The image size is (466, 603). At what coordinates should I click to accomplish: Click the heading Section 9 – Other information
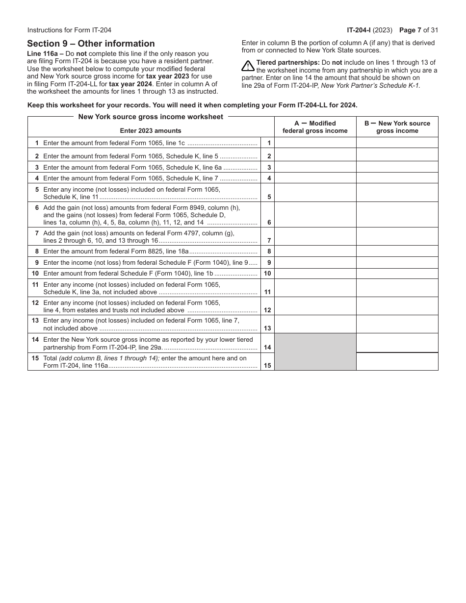[91, 44]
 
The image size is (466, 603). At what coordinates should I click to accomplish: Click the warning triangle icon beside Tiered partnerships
[248, 66]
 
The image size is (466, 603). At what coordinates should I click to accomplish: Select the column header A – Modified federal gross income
[315, 127]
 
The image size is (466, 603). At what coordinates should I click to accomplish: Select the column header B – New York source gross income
[397, 127]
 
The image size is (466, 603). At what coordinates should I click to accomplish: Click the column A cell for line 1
[315, 143]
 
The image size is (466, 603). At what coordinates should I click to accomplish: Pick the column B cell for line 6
[397, 215]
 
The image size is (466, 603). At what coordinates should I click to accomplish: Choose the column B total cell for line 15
[397, 362]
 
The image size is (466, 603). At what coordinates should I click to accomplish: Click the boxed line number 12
[267, 310]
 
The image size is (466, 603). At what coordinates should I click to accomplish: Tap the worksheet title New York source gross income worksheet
[151, 117]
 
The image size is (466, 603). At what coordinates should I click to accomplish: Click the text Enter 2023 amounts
[151, 131]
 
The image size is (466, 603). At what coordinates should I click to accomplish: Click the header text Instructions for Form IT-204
[69, 30]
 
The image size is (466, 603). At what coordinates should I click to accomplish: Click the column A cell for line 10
[315, 274]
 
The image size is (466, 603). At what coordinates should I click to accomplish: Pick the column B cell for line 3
[397, 167]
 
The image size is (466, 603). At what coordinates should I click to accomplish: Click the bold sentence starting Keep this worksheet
[192, 105]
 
